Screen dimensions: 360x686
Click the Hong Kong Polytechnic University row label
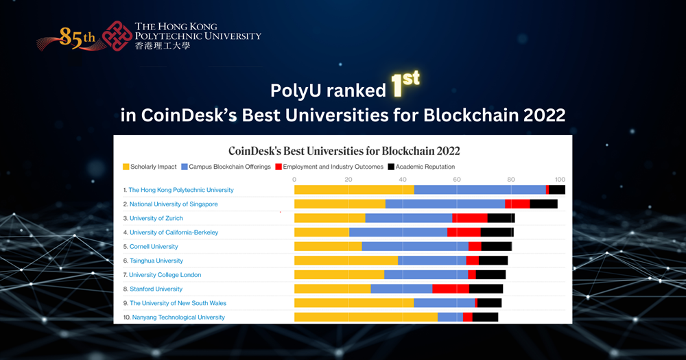tap(181, 190)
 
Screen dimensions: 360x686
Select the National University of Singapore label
tap(174, 204)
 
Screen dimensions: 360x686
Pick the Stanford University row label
tap(156, 289)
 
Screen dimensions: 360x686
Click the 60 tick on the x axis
tap(457, 180)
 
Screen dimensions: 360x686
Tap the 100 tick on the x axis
tap(560, 180)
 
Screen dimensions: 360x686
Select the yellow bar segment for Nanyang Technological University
tap(366, 317)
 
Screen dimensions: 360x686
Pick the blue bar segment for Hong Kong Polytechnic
tap(480, 190)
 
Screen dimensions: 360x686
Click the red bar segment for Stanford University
tap(451, 289)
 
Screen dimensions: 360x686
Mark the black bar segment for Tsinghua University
tap(493, 261)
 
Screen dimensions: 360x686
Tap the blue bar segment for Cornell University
tap(415, 246)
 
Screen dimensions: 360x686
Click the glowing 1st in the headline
tap(404, 83)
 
